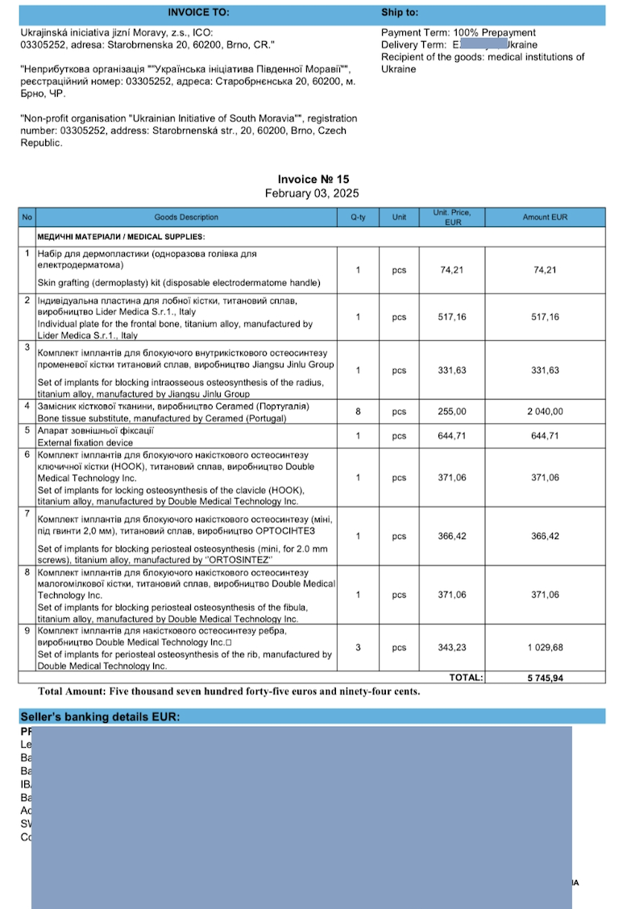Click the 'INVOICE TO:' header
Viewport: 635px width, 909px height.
197,13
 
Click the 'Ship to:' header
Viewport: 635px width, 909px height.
400,13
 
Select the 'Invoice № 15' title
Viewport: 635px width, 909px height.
313,180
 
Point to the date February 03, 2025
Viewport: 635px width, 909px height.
312,193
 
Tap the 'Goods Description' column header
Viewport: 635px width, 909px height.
186,217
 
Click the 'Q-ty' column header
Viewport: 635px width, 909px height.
358,217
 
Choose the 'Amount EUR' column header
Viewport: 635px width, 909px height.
546,217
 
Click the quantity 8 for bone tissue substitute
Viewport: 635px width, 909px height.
358,412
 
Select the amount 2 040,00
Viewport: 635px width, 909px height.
546,412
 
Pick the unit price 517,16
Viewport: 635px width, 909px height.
453,318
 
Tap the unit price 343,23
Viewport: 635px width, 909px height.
453,648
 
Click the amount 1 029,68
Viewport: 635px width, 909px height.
546,648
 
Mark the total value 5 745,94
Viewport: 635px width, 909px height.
546,678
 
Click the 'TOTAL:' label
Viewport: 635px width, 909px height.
466,678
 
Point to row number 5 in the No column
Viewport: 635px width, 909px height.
27,430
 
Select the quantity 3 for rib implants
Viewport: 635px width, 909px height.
358,648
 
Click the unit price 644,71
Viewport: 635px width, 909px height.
453,436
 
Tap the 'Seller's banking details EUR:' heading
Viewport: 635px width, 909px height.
100,716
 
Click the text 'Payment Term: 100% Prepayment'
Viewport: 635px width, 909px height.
458,33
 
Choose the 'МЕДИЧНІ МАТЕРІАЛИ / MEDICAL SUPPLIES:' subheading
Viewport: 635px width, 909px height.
121,237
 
